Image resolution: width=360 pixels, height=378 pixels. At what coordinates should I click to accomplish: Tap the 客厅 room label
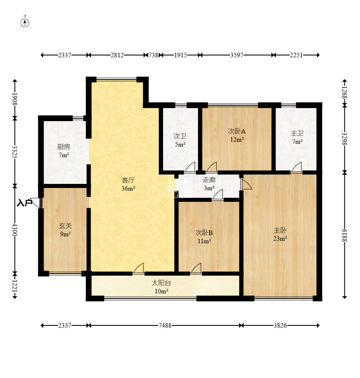(128, 180)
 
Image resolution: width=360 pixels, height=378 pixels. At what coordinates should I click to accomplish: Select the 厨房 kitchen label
(64, 146)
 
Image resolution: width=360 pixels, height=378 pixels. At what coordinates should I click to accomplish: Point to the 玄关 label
(65, 226)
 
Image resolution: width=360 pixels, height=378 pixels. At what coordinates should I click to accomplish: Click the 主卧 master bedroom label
(280, 230)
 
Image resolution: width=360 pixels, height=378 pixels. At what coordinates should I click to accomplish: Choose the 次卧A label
(237, 131)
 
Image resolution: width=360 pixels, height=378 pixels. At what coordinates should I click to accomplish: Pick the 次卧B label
(204, 233)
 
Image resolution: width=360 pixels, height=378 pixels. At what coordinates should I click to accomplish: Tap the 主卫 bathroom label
(297, 133)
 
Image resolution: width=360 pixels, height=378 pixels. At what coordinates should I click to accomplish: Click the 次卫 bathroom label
(180, 136)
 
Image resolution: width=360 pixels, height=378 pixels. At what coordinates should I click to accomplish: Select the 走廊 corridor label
(209, 180)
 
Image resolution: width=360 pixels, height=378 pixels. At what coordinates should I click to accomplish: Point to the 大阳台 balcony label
(161, 283)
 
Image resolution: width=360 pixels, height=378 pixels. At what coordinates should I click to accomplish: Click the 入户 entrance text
(24, 203)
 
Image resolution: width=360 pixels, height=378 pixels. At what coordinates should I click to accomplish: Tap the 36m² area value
(128, 188)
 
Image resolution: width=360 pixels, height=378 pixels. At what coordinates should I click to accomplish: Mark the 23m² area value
(280, 239)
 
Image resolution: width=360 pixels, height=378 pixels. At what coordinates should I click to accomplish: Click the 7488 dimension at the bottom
(165, 326)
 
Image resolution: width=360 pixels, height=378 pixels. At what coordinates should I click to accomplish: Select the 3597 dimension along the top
(237, 55)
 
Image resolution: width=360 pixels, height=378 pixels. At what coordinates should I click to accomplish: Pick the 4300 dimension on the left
(15, 230)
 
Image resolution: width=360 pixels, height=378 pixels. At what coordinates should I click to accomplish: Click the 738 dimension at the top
(153, 55)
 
